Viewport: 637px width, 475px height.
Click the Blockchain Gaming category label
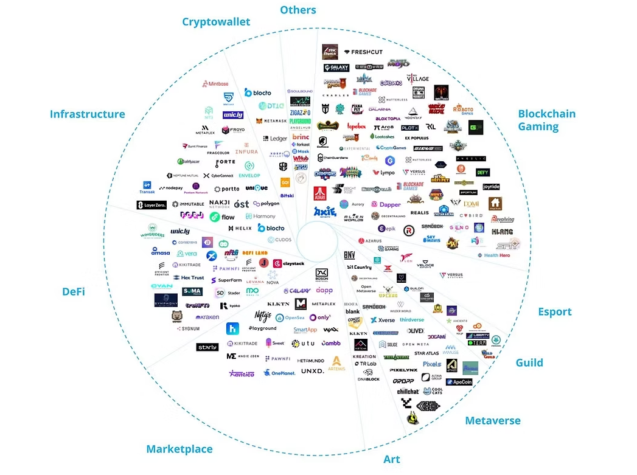click(546, 120)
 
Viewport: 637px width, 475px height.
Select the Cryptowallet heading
click(216, 22)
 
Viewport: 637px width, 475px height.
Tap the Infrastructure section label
click(88, 114)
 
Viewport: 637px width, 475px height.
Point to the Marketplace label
click(179, 449)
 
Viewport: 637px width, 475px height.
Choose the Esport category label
click(554, 312)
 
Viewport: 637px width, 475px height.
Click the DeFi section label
click(73, 291)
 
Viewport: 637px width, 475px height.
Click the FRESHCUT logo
click(363, 52)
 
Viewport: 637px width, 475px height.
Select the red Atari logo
click(320, 193)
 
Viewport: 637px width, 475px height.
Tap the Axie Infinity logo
click(325, 212)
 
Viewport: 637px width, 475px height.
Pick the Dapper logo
click(386, 204)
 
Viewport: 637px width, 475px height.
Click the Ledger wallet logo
click(274, 139)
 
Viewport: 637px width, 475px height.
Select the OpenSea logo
click(289, 317)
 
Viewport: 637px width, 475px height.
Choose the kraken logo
click(207, 317)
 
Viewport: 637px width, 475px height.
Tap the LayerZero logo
click(151, 205)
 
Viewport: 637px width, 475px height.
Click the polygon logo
click(266, 204)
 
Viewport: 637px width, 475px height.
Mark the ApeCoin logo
click(459, 382)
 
